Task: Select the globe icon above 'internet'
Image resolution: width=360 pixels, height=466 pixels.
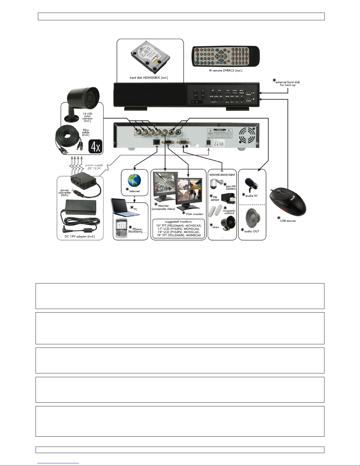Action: coord(134,180)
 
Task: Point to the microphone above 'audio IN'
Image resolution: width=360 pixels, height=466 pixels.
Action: coord(251,184)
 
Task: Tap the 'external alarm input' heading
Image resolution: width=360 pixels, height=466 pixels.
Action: coord(222,174)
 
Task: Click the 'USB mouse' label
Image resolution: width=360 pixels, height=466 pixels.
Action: coord(288,221)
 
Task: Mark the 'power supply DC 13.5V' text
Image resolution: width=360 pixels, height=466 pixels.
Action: coord(94,167)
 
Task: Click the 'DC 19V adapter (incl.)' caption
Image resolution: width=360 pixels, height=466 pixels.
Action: coord(80,236)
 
